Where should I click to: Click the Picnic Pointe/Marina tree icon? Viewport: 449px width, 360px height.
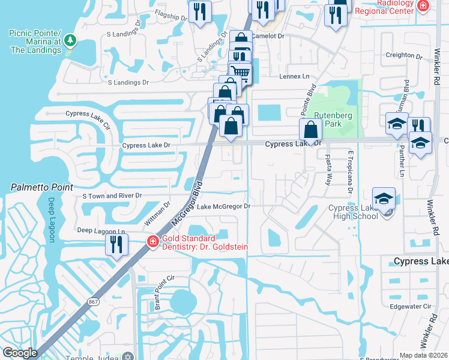(x=71, y=40)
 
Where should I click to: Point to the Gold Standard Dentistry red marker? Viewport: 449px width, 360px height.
(x=153, y=242)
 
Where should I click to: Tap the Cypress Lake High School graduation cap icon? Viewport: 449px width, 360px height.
(x=384, y=199)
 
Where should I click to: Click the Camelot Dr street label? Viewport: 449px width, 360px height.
(x=268, y=36)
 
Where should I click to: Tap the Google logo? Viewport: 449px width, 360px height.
(x=20, y=353)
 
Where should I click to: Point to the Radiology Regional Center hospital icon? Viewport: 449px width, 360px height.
(x=423, y=6)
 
